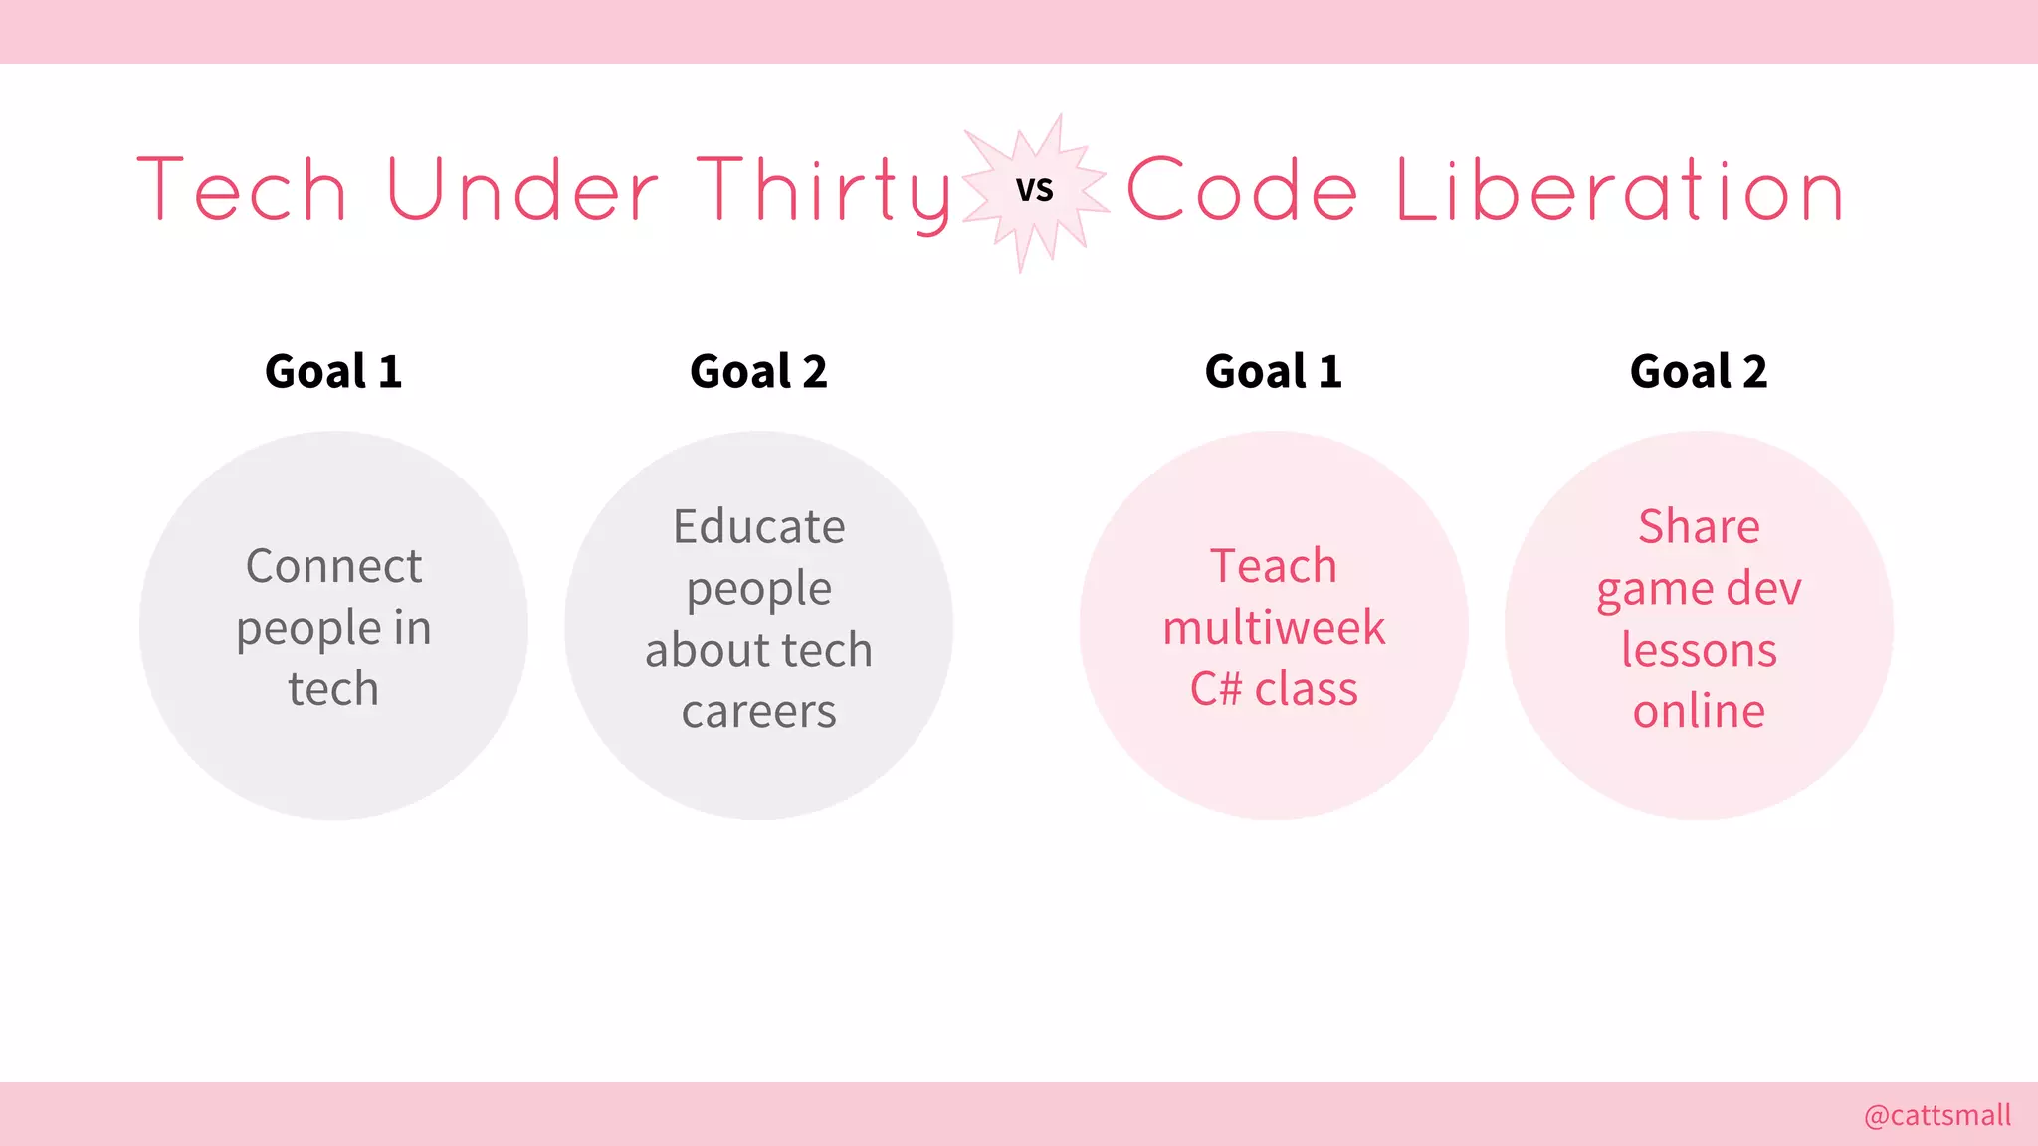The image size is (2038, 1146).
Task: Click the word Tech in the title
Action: click(x=242, y=190)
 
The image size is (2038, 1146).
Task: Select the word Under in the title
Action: click(x=521, y=190)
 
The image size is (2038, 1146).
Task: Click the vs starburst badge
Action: click(x=1035, y=190)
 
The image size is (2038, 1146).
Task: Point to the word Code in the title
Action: click(x=1242, y=190)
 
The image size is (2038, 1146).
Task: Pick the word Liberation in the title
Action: click(x=1620, y=190)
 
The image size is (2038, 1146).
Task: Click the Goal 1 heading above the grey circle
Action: click(x=333, y=372)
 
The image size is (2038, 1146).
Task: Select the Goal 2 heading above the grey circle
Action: click(x=758, y=372)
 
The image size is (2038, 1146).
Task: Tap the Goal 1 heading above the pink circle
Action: click(x=1274, y=372)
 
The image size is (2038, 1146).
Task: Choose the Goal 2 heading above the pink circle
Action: click(x=1699, y=372)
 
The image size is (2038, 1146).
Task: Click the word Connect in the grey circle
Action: click(x=333, y=566)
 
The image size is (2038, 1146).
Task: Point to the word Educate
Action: click(x=758, y=526)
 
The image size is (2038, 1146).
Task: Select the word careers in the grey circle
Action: click(x=758, y=711)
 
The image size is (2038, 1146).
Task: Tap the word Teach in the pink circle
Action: click(x=1274, y=566)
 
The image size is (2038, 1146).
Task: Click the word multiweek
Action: click(x=1274, y=628)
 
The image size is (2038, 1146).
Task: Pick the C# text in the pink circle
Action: click(x=1215, y=689)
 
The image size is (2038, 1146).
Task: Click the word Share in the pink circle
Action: click(x=1699, y=526)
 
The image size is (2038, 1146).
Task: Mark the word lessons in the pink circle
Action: click(x=1699, y=650)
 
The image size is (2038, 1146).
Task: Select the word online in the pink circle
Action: click(x=1699, y=711)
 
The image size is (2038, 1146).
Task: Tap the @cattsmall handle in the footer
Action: click(x=1936, y=1115)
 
